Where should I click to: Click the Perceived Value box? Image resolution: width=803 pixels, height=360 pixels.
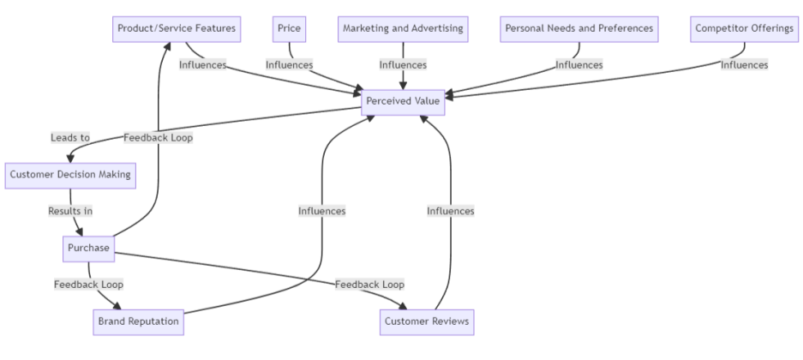click(x=403, y=101)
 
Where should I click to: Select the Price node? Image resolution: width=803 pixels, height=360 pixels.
click(x=289, y=28)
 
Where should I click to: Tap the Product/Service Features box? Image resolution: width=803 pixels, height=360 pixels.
click(x=177, y=28)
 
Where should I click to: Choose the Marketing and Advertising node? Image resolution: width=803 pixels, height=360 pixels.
click(x=403, y=28)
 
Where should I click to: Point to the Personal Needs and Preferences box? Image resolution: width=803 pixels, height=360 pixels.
click(x=579, y=28)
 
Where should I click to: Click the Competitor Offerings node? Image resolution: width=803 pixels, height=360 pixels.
click(x=744, y=28)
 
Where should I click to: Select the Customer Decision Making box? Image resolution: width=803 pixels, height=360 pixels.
click(x=70, y=175)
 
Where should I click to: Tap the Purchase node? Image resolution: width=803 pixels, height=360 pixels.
click(x=89, y=249)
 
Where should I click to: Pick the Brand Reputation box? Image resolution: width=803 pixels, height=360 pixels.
click(x=137, y=321)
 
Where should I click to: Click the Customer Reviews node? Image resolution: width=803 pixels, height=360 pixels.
click(x=426, y=321)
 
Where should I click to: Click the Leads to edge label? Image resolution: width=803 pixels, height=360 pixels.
click(x=69, y=137)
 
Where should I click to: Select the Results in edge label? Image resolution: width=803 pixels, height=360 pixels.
click(x=70, y=211)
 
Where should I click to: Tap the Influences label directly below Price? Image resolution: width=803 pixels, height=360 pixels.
click(x=289, y=64)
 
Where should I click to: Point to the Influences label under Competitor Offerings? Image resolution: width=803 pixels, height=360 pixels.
click(x=744, y=64)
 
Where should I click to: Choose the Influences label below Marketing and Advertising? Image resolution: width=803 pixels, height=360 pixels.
click(x=403, y=64)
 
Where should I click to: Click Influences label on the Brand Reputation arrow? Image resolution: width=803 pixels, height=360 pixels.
click(x=321, y=211)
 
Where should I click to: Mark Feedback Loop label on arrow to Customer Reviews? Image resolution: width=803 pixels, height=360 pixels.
click(x=369, y=285)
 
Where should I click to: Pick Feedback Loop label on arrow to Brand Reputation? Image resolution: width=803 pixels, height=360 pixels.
click(x=88, y=285)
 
